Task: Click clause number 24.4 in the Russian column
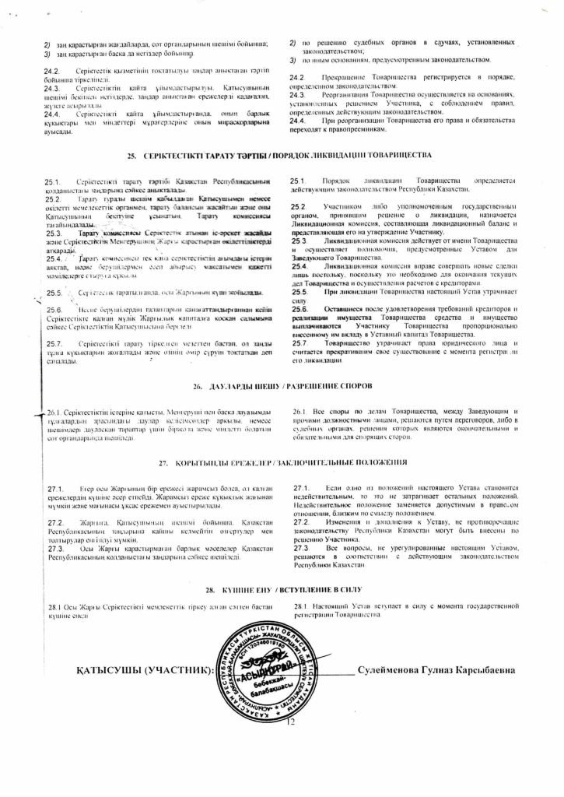pyautogui.click(x=296, y=121)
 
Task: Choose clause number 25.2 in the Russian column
pyautogui.click(x=296, y=206)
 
